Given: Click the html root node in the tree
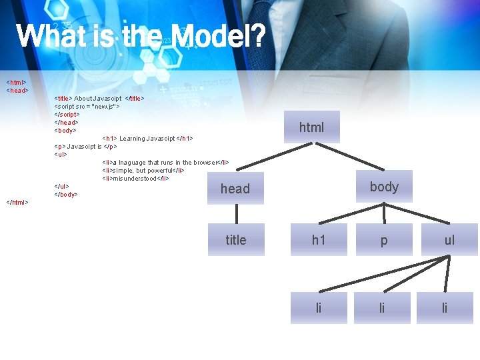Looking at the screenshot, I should (x=311, y=127).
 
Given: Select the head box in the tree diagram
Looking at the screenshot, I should (x=235, y=189).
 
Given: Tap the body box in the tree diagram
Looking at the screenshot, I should (x=384, y=187).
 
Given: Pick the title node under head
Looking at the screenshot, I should (x=235, y=240).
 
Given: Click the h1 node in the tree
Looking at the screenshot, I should (x=319, y=240).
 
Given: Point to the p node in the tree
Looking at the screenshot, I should (x=384, y=240).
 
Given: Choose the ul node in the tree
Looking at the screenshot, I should (x=449, y=240).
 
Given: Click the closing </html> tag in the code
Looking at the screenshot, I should (x=17, y=203).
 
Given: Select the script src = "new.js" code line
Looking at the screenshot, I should (x=87, y=107).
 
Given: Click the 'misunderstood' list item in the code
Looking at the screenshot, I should (x=136, y=179).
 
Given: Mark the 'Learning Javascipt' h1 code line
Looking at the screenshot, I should (x=147, y=139).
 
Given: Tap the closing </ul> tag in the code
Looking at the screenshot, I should (x=62, y=187).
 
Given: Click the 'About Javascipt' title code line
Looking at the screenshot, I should (x=99, y=99).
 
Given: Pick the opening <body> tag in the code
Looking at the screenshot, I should (x=65, y=131).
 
